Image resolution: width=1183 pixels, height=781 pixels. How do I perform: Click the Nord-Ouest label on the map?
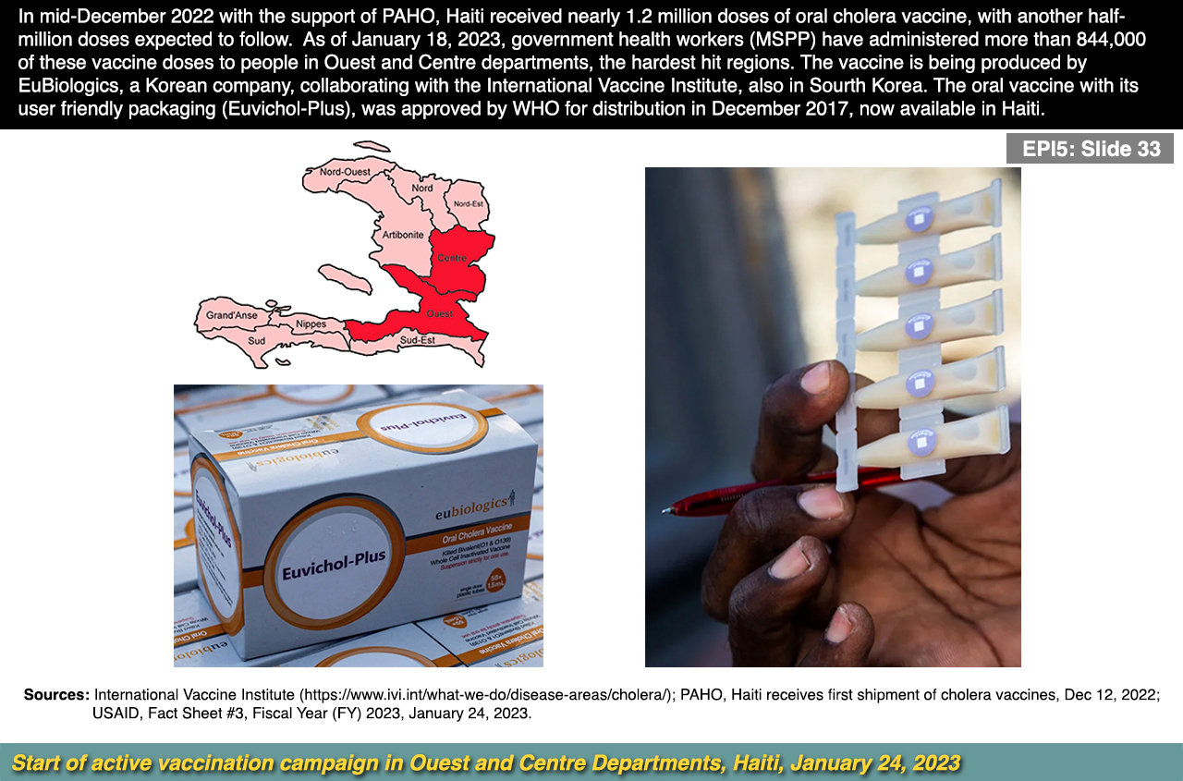(345, 172)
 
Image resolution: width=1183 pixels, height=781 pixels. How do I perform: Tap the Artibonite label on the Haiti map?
(403, 235)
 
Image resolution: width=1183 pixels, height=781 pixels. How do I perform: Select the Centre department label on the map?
(452, 257)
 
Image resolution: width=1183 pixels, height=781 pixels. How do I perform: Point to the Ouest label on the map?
(439, 314)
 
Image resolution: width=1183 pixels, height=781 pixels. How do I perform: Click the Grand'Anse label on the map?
(232, 315)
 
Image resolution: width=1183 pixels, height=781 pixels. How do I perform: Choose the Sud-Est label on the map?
(418, 340)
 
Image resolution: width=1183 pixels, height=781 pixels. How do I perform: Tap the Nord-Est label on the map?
(469, 203)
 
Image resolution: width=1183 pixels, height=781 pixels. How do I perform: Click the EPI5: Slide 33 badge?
(1091, 149)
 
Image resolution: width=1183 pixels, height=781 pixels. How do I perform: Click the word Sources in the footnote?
(56, 694)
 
